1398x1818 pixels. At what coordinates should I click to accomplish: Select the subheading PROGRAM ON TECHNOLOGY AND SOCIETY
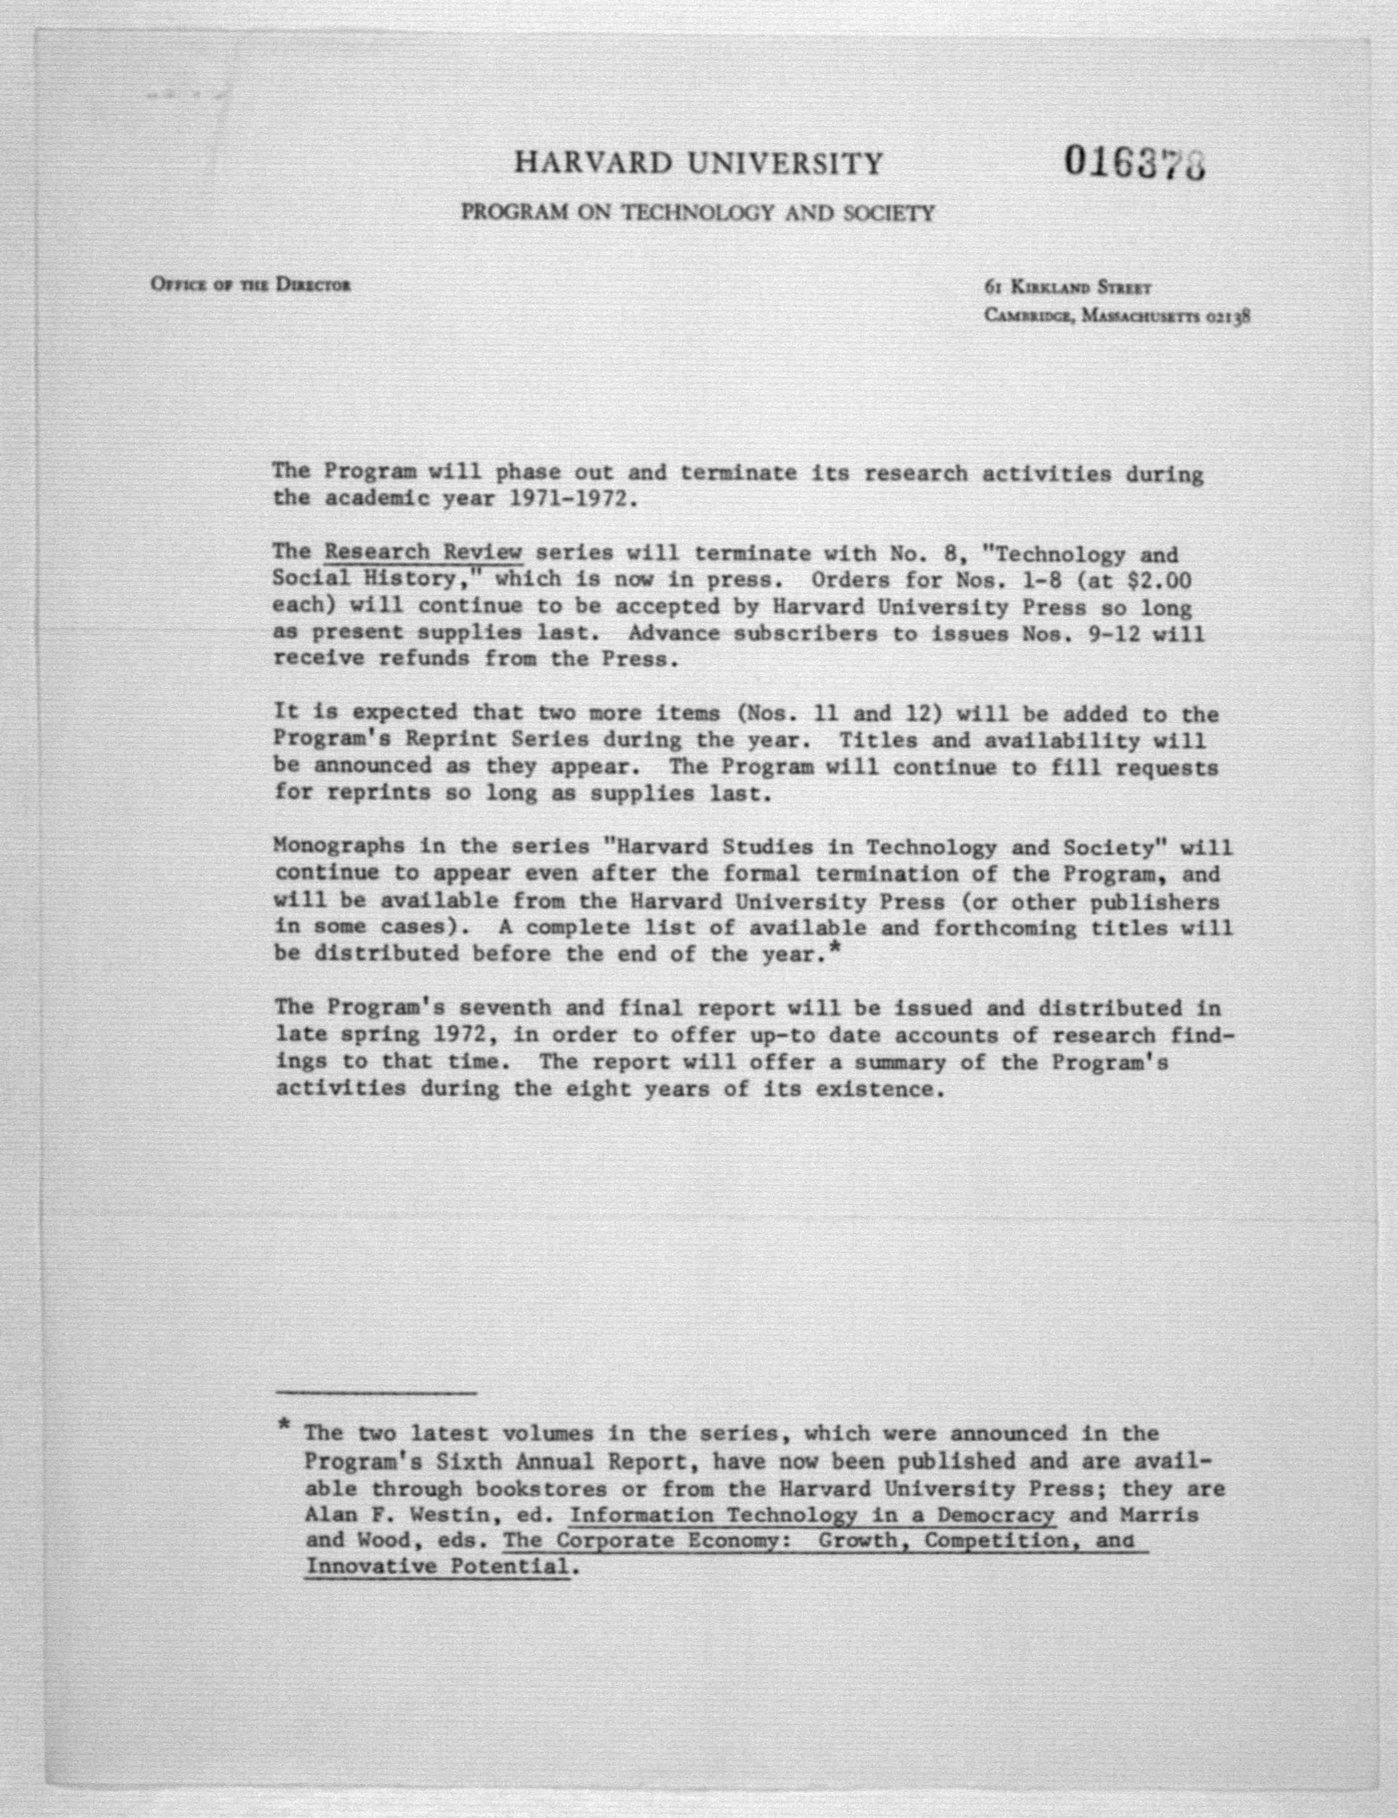pyautogui.click(x=697, y=213)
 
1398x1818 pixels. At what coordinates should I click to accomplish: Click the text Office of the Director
pyautogui.click(x=250, y=284)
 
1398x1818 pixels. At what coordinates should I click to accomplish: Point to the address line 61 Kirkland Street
pyautogui.click(x=1068, y=288)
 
